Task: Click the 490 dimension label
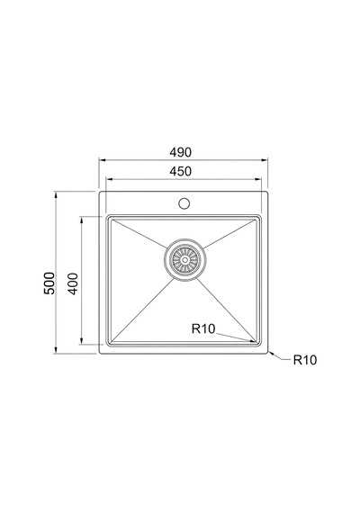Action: tap(180, 152)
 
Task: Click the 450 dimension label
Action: tap(180, 171)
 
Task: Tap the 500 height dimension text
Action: tap(49, 283)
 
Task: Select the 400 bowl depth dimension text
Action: tap(73, 283)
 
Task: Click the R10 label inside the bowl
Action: tap(203, 328)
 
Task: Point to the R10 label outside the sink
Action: tap(305, 360)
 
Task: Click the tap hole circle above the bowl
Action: tap(184, 203)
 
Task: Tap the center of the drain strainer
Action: tap(184, 260)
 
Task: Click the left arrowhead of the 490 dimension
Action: tap(103, 160)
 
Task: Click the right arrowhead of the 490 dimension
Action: tap(265, 160)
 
